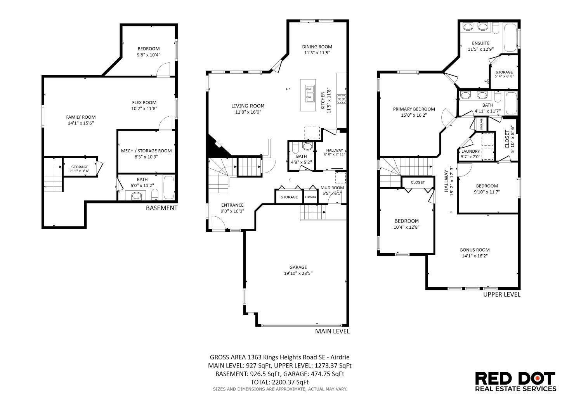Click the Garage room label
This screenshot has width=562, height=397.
point(298,267)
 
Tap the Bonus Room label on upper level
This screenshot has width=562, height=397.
point(475,250)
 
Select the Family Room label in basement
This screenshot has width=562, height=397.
point(81,117)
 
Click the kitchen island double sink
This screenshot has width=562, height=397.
point(310,93)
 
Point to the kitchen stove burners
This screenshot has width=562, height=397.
point(341,99)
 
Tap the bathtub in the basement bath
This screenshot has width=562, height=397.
point(169,188)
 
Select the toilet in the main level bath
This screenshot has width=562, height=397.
point(295,148)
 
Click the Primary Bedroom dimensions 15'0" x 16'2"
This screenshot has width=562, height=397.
point(414,115)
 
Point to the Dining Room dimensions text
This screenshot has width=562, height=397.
point(317,53)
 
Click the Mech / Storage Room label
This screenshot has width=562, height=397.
point(146,151)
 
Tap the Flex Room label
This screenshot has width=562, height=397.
point(144,102)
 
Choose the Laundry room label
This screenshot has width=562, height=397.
point(471,151)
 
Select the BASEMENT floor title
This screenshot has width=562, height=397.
point(161,208)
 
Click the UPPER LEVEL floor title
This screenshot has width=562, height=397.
point(502,295)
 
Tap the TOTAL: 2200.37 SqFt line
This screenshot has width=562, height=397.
point(280,382)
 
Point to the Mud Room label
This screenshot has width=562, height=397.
point(332,188)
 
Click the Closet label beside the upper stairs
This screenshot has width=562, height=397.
point(418,183)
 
